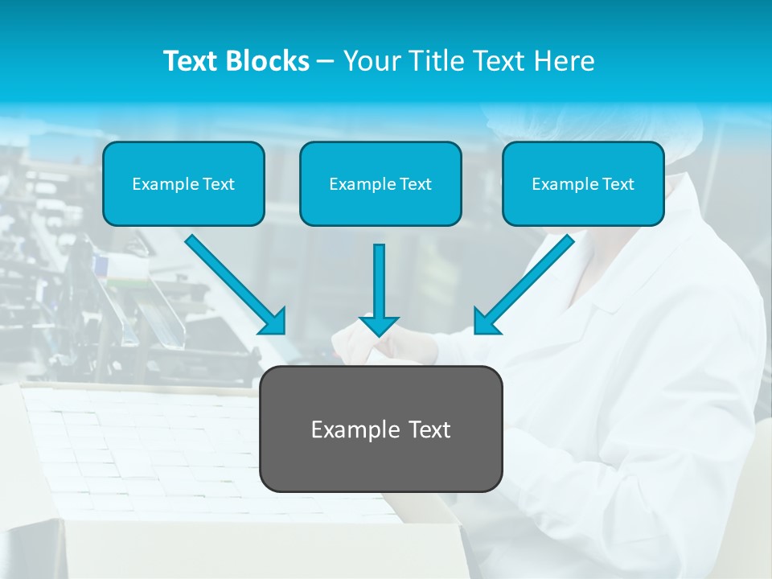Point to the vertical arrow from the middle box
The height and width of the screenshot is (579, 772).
(x=379, y=281)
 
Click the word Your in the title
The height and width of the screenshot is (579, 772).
(x=371, y=61)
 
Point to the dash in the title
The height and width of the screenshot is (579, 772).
(x=326, y=61)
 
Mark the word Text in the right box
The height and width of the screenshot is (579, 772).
(x=618, y=184)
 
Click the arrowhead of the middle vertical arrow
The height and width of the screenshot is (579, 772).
(x=379, y=326)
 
